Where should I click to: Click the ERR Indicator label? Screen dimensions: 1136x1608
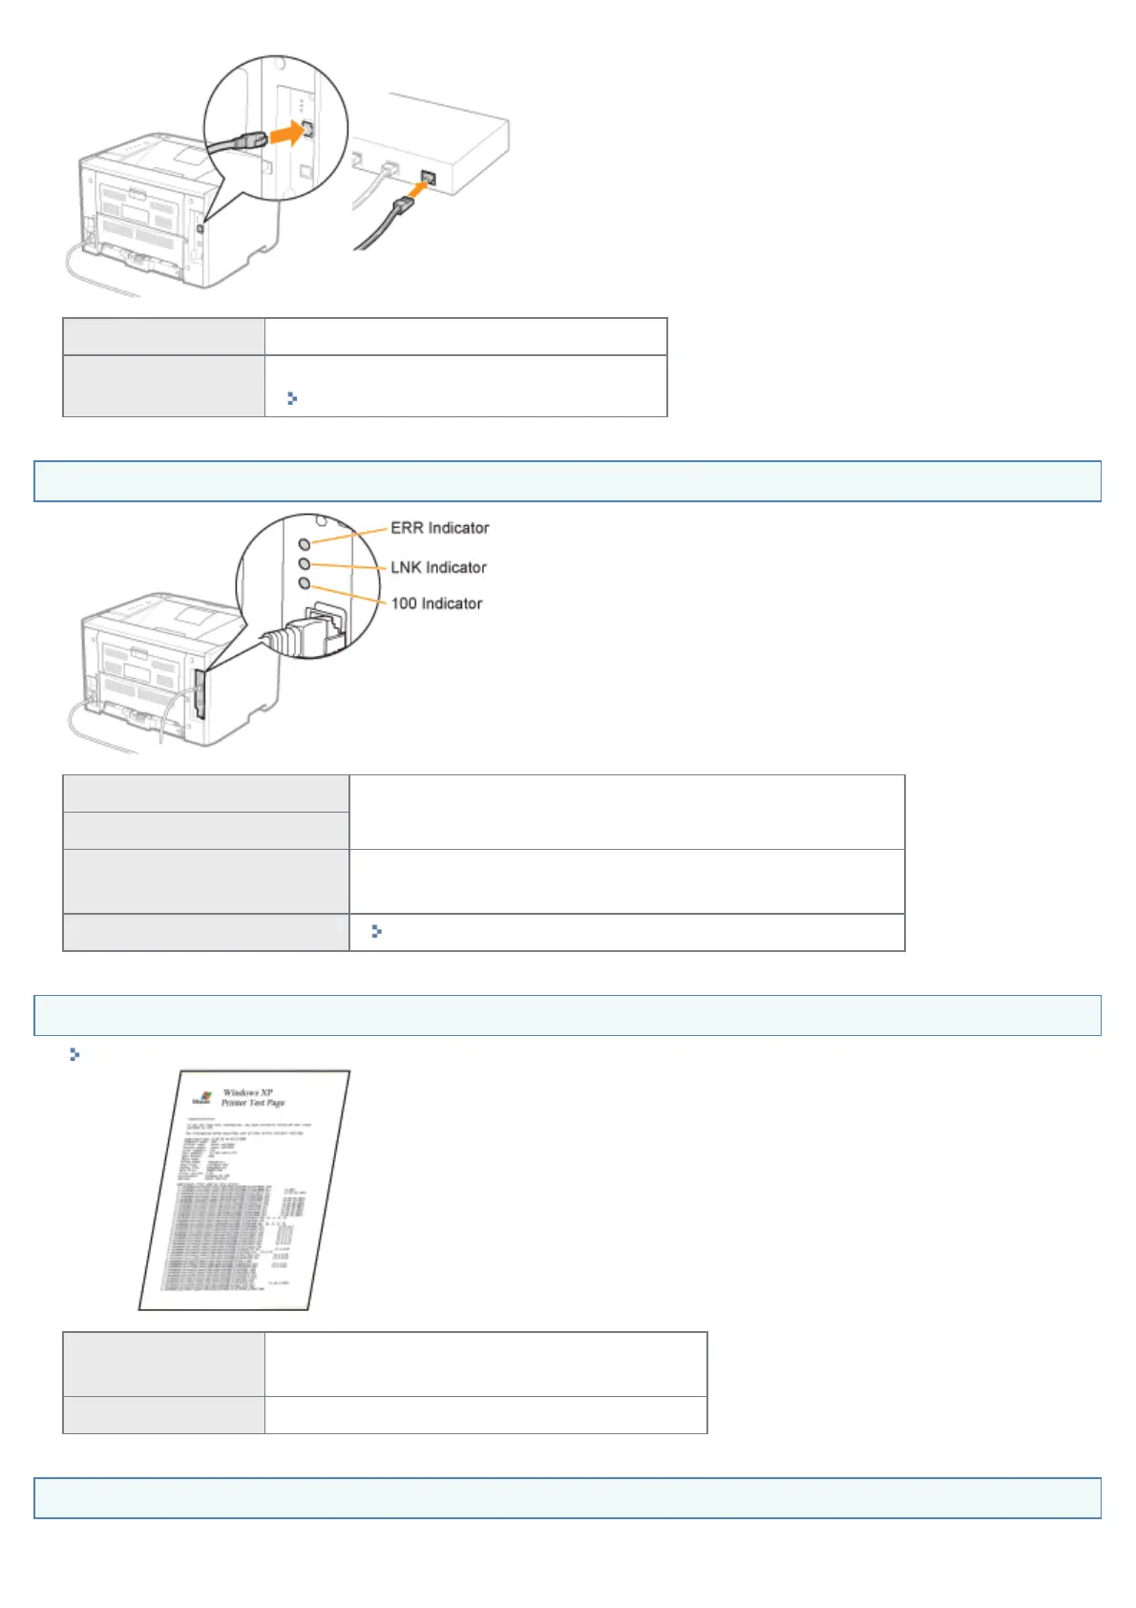pos(439,528)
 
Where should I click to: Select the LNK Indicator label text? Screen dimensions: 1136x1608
pos(438,567)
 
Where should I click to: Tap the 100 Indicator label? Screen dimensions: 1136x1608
pos(436,603)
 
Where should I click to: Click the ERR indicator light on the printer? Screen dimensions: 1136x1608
pos(305,543)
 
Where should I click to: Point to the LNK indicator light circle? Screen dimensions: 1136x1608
pos(305,564)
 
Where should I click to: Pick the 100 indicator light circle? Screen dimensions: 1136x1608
pos(305,582)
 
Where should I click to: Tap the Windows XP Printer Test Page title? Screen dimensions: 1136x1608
pos(252,1097)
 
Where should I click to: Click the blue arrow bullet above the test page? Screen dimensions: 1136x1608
pos(74,1055)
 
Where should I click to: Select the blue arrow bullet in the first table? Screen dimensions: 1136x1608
pos(292,398)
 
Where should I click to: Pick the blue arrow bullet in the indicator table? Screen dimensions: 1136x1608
pos(376,931)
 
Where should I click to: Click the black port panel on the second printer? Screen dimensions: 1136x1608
pos(200,692)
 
